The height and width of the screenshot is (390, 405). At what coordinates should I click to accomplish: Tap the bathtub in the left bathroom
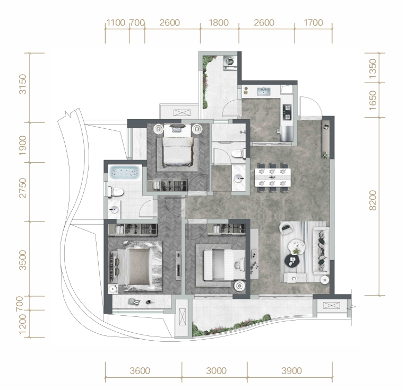125,172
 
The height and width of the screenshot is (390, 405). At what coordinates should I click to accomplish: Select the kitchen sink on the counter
263,91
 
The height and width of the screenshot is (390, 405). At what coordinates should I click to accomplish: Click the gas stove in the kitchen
287,112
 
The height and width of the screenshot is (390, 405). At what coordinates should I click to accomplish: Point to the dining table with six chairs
273,178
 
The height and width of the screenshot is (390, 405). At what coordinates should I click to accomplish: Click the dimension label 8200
373,200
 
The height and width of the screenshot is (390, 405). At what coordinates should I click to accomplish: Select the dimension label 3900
291,371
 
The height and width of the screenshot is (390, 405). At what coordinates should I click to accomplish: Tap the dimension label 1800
219,23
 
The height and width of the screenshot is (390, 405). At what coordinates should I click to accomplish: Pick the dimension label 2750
23,188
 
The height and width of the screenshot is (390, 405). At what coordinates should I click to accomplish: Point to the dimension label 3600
140,371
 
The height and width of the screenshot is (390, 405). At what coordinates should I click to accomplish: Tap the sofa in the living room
321,250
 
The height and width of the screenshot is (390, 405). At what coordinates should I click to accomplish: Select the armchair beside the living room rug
287,228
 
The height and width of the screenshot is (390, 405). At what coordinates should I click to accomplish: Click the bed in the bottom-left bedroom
135,267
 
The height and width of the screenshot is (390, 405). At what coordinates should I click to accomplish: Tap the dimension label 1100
116,23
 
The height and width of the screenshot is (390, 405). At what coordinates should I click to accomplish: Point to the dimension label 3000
217,371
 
